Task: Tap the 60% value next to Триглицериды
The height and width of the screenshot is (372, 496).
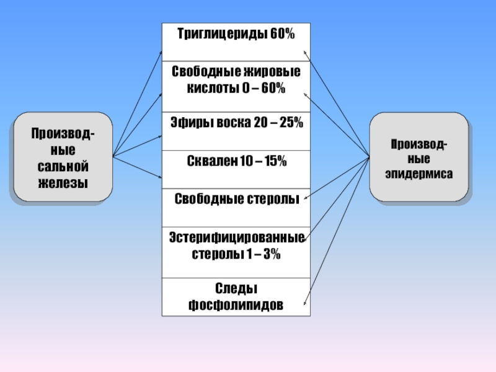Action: (x=282, y=34)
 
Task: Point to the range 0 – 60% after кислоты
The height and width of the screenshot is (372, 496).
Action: (x=263, y=88)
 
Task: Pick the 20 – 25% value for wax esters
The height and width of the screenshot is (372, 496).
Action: (x=278, y=123)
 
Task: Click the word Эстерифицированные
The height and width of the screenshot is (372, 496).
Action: (x=236, y=238)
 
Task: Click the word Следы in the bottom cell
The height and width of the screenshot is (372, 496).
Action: (x=236, y=290)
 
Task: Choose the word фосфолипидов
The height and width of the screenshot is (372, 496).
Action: (x=236, y=306)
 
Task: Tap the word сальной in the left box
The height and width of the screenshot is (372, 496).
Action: (x=63, y=167)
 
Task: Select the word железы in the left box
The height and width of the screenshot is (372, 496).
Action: (x=63, y=183)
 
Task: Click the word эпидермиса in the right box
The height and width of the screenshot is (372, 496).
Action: (x=418, y=174)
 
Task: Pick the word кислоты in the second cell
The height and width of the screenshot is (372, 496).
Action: (x=209, y=88)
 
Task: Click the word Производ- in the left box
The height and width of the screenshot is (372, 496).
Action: (x=63, y=134)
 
